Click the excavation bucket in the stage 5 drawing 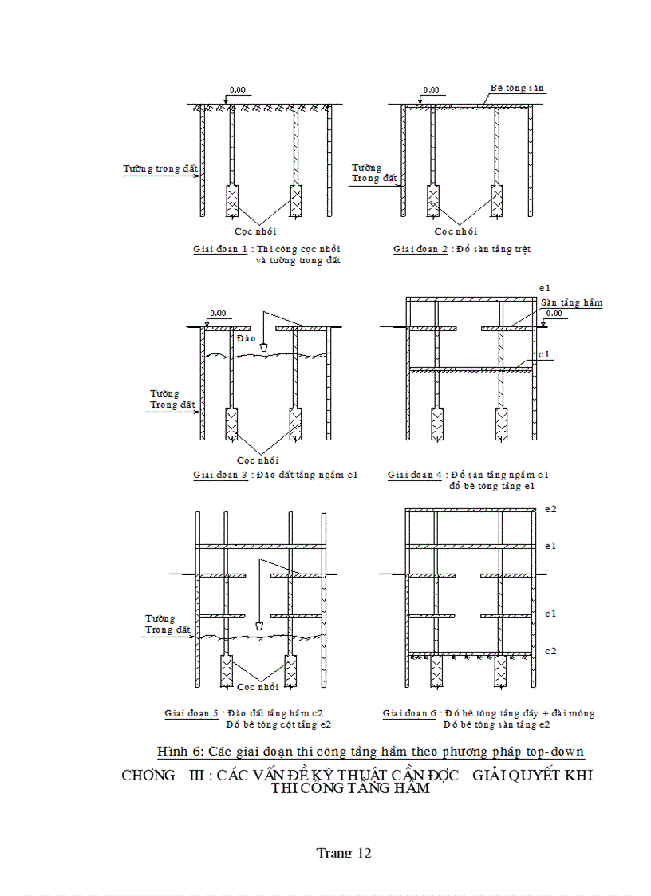click(x=259, y=626)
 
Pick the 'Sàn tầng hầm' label click(x=571, y=302)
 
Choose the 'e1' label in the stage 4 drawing click(x=546, y=286)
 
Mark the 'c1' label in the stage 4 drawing click(x=544, y=354)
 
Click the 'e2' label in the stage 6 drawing click(x=550, y=509)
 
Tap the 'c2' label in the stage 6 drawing click(x=550, y=651)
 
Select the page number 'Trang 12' click(x=344, y=852)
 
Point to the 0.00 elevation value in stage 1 click(x=237, y=90)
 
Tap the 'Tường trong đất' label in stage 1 click(x=160, y=168)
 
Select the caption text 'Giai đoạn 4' click(x=414, y=475)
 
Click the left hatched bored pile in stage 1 click(x=232, y=200)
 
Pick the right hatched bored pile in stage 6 click(x=502, y=672)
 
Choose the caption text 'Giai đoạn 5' click(x=191, y=713)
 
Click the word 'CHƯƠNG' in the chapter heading click(x=148, y=776)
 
